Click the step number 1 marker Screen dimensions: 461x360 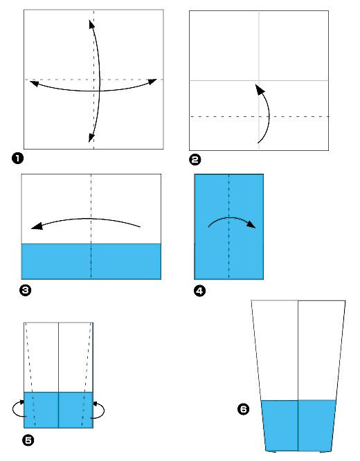[17, 159]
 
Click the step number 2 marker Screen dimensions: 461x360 [195, 160]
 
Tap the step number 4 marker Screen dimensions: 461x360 [199, 291]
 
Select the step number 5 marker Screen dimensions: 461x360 [28, 439]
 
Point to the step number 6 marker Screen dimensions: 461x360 [243, 410]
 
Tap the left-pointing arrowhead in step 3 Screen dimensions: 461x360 [35, 226]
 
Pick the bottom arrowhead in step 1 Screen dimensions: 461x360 [92, 138]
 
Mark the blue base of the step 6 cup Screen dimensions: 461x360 [298, 425]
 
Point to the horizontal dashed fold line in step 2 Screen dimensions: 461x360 [222, 116]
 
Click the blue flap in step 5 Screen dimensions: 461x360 [58, 410]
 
